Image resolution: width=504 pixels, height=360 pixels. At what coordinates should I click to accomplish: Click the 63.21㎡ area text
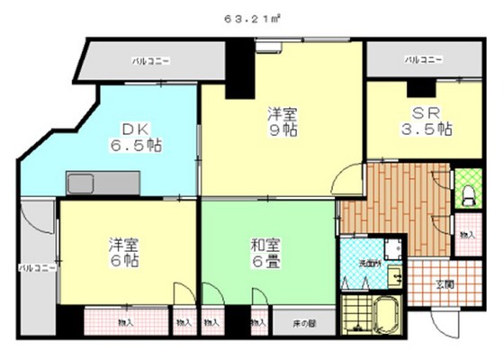[x=251, y=17]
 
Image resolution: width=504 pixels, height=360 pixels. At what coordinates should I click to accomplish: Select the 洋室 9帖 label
[x=282, y=122]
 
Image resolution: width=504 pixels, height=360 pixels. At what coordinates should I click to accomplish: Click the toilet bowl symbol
[x=468, y=192]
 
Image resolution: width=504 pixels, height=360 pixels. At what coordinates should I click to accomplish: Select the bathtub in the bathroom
[x=386, y=316]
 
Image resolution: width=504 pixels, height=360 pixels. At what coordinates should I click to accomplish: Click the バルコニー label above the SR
[x=423, y=60]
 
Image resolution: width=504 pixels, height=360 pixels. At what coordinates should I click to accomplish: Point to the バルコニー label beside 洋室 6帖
[x=38, y=268]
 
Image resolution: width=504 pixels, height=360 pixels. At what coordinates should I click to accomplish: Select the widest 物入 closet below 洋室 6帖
[x=123, y=321]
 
